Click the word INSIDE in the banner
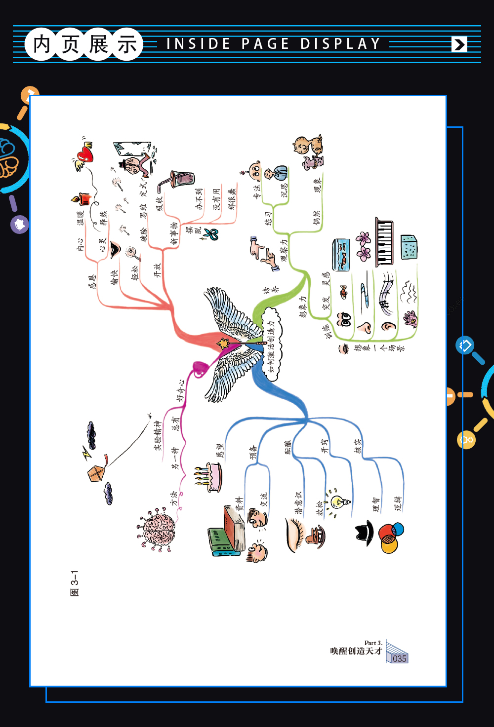(199, 44)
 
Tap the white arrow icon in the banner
(459, 44)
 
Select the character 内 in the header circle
(41, 44)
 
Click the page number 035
(399, 658)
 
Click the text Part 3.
(373, 643)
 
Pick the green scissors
(212, 234)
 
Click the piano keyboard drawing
(384, 241)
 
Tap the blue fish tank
(341, 254)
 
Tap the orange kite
(96, 473)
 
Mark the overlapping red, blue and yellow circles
(390, 537)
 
